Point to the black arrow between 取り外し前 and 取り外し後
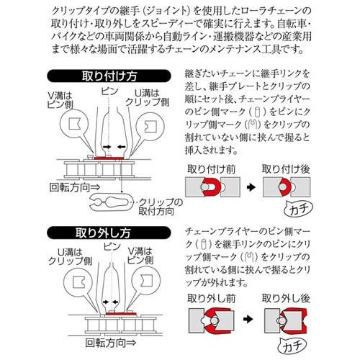(249, 316)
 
